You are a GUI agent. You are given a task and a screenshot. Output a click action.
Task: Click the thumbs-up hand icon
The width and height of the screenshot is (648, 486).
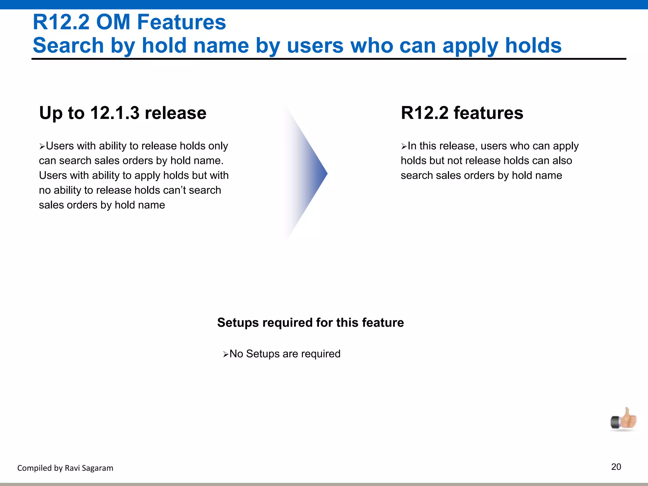point(624,420)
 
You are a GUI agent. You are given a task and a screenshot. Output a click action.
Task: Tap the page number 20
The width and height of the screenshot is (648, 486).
point(616,467)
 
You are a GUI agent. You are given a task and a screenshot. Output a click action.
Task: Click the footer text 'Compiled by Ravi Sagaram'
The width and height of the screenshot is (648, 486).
point(65,468)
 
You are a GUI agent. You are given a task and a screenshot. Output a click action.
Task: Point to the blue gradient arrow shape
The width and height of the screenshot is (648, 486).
point(308,173)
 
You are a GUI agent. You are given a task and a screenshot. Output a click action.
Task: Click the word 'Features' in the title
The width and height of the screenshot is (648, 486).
point(181,22)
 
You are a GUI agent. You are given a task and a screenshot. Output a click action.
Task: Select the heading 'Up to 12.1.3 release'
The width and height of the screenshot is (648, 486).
point(123,113)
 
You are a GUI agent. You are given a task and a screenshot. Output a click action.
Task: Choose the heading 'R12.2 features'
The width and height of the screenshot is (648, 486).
point(462,113)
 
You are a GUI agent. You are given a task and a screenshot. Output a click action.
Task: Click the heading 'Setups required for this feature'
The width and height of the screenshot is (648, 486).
point(310,322)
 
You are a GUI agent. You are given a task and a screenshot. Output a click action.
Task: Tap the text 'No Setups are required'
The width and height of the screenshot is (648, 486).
point(285,354)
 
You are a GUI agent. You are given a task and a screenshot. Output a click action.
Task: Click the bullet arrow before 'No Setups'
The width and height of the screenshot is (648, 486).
point(226,354)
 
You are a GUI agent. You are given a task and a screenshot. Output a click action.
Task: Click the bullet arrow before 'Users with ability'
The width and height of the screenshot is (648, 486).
point(42,146)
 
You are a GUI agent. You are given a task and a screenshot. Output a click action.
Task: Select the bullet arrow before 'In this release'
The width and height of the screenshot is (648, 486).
point(404,146)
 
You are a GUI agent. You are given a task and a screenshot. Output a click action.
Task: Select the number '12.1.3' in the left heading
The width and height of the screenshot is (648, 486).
point(115,113)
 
